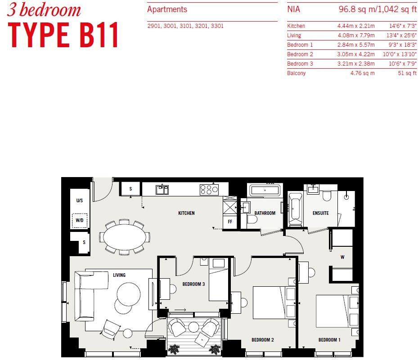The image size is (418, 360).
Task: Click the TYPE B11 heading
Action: point(63,35)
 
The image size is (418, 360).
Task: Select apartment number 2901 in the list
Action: point(154,26)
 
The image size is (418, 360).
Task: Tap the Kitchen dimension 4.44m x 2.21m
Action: point(356,26)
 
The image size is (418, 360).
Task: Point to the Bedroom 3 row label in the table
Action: point(300,64)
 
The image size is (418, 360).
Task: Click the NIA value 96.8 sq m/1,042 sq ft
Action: point(378,9)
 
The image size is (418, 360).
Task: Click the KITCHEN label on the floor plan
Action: point(186,213)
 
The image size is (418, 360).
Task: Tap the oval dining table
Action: point(125,237)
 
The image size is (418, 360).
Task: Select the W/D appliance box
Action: point(80,221)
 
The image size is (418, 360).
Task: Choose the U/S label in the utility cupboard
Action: point(80,200)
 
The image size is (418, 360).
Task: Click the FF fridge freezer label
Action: point(229,222)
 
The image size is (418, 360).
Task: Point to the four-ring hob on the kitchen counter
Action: point(209,190)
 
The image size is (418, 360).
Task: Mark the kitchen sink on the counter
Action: point(162,190)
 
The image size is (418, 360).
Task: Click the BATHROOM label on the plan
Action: point(265,213)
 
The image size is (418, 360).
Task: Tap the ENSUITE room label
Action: point(321,213)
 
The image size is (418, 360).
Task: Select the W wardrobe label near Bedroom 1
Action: point(342,258)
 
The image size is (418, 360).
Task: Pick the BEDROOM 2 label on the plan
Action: point(263,340)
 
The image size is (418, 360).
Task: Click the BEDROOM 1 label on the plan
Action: point(329,340)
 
